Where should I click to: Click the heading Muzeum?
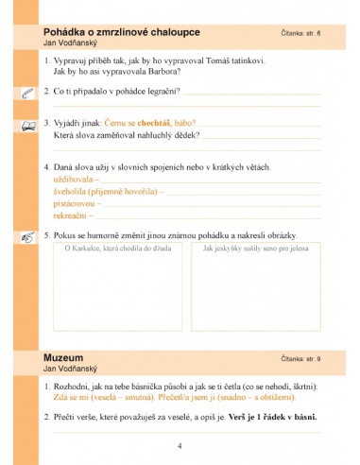tap(62, 358)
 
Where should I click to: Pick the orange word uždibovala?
tap(77, 178)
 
